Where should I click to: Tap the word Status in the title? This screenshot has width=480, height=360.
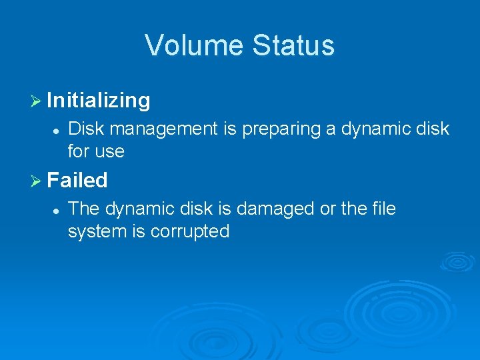click(293, 45)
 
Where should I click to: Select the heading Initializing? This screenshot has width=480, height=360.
click(99, 101)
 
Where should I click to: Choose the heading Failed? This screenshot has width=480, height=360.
click(77, 180)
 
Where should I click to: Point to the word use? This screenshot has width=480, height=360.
click(109, 152)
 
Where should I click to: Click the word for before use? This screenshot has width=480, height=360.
click(78, 152)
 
